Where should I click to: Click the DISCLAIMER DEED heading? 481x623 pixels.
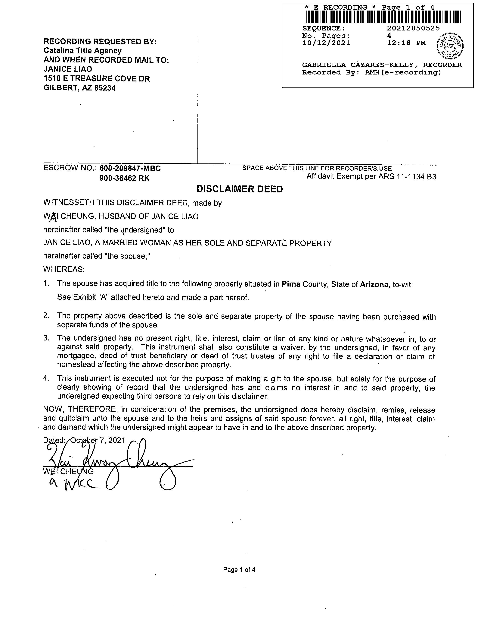click(240, 189)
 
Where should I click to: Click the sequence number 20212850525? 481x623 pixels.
click(413, 28)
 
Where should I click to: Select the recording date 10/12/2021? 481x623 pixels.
click(326, 43)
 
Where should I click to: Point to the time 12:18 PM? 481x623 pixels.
click(406, 43)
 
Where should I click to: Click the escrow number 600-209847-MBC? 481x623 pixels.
click(130, 168)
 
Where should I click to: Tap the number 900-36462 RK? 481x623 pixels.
click(124, 178)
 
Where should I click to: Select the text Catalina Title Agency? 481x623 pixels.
click(83, 51)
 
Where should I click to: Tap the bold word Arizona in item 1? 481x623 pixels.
click(374, 284)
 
